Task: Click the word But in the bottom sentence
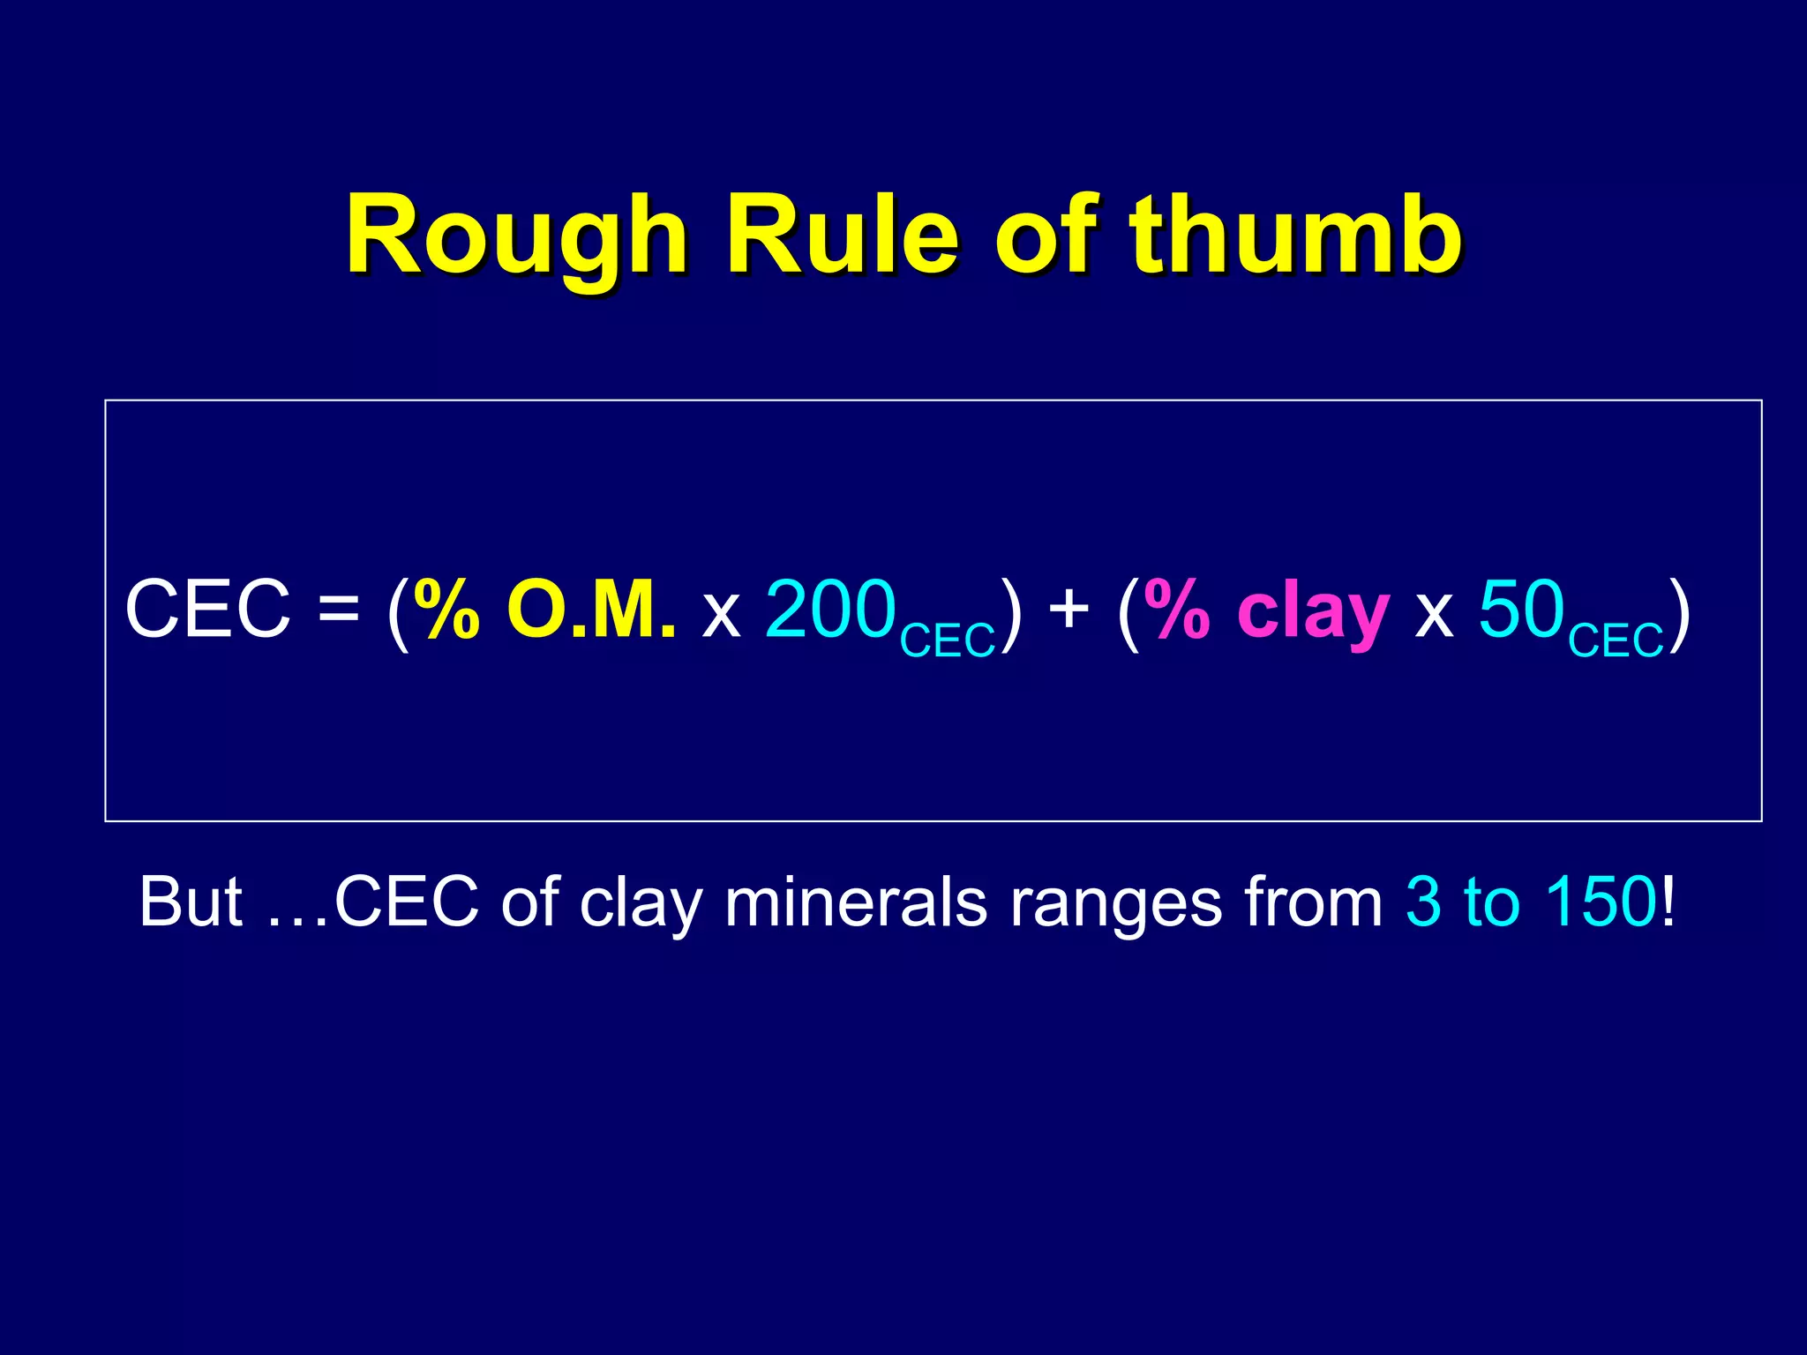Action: [x=191, y=902]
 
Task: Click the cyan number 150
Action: [x=1601, y=902]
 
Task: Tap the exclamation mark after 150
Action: [x=1667, y=902]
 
